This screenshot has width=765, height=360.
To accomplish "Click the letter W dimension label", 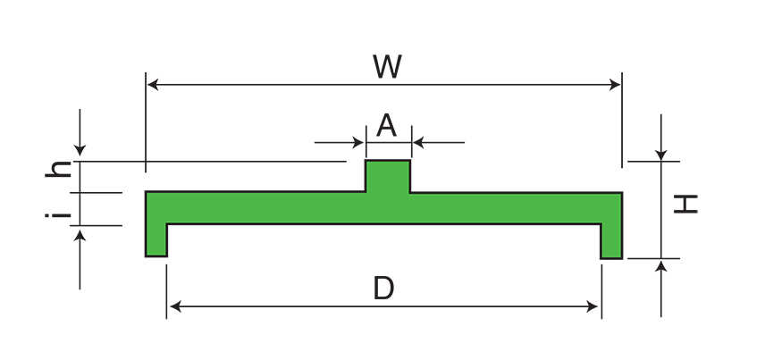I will pyautogui.click(x=386, y=66).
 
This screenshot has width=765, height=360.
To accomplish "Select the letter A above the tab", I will pyautogui.click(x=386, y=125).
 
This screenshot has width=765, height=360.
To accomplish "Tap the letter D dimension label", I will pyautogui.click(x=383, y=288).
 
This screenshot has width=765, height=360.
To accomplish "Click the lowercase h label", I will pyautogui.click(x=59, y=169).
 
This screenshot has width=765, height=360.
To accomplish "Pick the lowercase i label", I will pyautogui.click(x=59, y=214).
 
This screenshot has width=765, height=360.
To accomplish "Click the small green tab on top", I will pyautogui.click(x=388, y=175).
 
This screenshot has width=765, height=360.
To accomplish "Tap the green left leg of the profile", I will pyautogui.click(x=156, y=239).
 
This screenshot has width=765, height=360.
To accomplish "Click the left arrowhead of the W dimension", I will pyautogui.click(x=153, y=85).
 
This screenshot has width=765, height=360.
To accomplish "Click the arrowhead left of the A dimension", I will pyautogui.click(x=360, y=142).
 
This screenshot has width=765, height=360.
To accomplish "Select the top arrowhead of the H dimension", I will pyautogui.click(x=661, y=155).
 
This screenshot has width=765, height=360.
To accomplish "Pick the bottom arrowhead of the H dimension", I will pyautogui.click(x=661, y=265).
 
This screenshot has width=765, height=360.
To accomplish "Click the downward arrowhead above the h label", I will pyautogui.click(x=80, y=155).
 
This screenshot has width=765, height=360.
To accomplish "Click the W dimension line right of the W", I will pyautogui.click(x=509, y=85).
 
